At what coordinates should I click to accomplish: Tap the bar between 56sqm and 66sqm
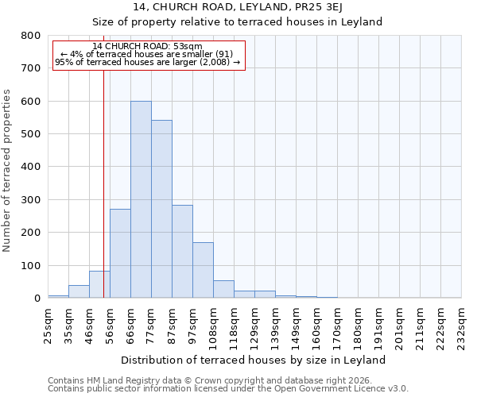[120, 253]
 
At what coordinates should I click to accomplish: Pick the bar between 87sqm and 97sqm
[182, 262]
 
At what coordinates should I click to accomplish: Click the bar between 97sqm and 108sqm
[203, 270]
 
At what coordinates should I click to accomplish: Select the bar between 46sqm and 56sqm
[99, 284]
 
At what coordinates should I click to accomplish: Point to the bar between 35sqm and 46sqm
[79, 291]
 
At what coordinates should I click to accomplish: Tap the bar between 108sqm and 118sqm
[223, 289]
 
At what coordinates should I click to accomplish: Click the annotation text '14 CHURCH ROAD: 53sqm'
[147, 47]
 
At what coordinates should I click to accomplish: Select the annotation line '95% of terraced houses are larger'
[147, 62]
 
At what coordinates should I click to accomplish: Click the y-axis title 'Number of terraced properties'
[8, 171]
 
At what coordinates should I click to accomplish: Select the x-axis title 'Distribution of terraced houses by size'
[254, 360]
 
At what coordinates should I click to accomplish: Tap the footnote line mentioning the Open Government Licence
[228, 389]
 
